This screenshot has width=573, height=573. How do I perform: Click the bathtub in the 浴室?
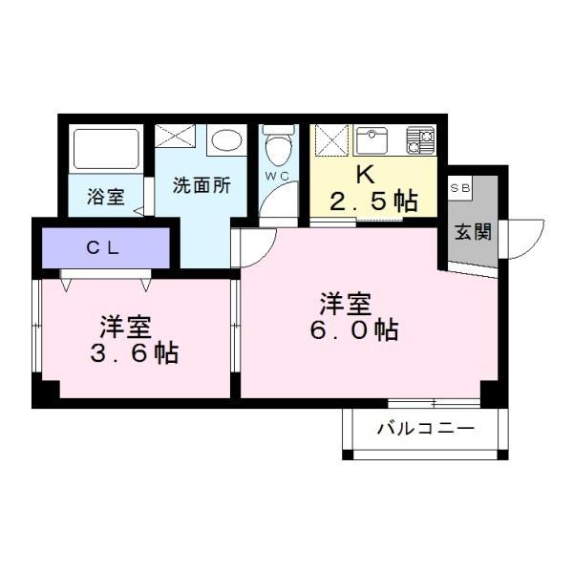[x=106, y=150]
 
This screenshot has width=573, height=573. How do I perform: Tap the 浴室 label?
[x=105, y=198]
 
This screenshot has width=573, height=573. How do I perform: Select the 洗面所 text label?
[x=201, y=185]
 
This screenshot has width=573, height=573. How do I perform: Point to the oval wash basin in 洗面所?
[x=226, y=142]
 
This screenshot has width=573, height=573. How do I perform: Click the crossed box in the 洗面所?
[x=175, y=136]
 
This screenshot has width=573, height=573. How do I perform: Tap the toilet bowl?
[x=278, y=148]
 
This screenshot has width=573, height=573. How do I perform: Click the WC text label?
[x=277, y=177]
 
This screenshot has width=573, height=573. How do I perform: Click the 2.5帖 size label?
[x=373, y=201]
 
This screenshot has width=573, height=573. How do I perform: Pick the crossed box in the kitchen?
[x=330, y=141]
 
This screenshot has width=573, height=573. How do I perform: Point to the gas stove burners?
[x=420, y=140]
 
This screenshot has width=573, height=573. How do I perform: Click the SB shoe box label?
[x=459, y=187]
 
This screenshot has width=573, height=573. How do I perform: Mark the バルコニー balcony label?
[x=424, y=427]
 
